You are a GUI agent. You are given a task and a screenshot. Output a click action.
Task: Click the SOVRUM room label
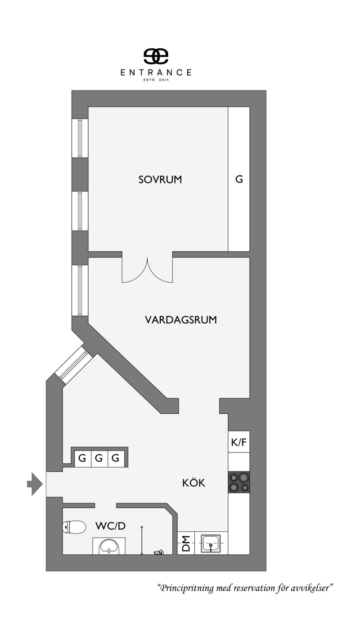tap(160, 179)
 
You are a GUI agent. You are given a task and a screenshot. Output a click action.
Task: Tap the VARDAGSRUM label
tap(181, 320)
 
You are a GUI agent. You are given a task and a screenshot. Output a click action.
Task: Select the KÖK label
tap(193, 483)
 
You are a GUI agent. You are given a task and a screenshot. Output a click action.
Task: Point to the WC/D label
tap(110, 525)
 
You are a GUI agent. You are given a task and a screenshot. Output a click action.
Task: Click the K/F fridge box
tap(239, 442)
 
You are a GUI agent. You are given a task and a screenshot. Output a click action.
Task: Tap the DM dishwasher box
tap(185, 543)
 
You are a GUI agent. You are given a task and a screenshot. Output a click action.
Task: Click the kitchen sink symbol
tap(211, 543)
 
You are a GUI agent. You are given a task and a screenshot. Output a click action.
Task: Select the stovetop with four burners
tap(239, 482)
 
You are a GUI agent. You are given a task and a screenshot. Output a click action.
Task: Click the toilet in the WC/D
tap(74, 526)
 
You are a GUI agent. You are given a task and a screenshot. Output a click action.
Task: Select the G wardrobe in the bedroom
tap(239, 179)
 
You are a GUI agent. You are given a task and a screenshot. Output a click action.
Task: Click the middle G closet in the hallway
tap(99, 458)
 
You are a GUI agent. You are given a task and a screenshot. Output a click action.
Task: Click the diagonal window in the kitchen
tap(73, 365)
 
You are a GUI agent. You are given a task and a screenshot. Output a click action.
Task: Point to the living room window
tap(80, 290)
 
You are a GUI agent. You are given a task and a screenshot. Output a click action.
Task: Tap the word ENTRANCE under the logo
tap(156, 72)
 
